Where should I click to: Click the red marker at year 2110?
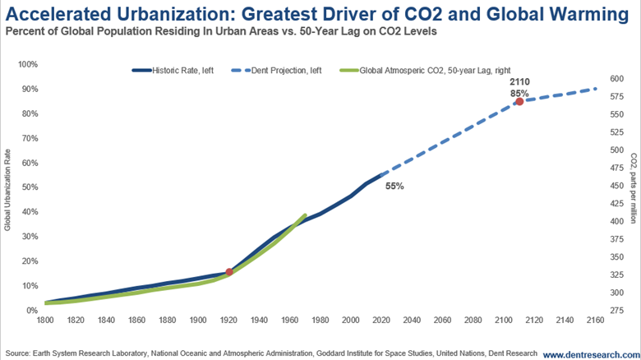519,101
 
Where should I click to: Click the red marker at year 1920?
229,272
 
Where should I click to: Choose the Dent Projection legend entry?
287,72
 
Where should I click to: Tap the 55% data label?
394,187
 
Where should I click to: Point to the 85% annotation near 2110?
519,93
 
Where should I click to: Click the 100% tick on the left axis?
27,64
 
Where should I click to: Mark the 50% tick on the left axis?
29,187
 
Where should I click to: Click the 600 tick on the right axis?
619,79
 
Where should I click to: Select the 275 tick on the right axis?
619,310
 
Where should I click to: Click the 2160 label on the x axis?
595,321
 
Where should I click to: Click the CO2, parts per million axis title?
634,189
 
